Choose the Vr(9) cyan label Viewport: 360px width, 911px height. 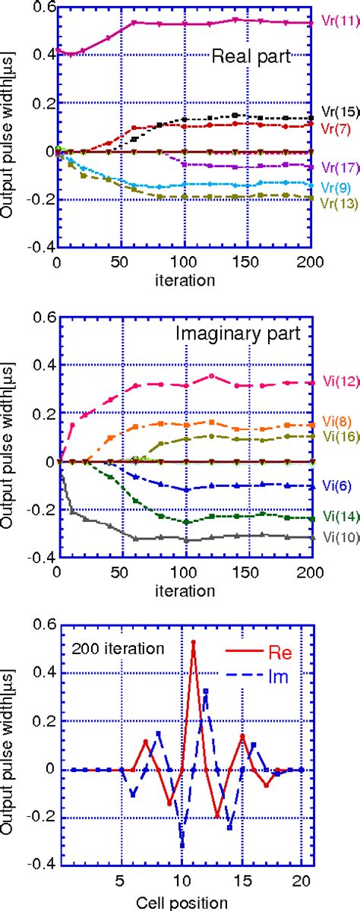335,187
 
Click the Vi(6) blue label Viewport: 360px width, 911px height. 335,483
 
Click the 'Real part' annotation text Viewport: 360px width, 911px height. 253,55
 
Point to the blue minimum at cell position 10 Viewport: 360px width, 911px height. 182,844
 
